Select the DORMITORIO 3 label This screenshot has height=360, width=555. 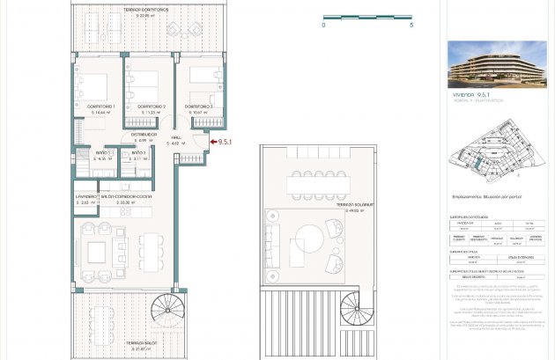[198, 106]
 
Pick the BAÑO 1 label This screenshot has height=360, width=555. [103, 152]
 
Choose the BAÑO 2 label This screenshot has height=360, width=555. [138, 152]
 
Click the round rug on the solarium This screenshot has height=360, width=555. [309, 239]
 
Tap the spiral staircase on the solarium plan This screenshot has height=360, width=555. [357, 308]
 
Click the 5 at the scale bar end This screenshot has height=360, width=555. [411, 26]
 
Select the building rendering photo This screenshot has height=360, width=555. [496, 63]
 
